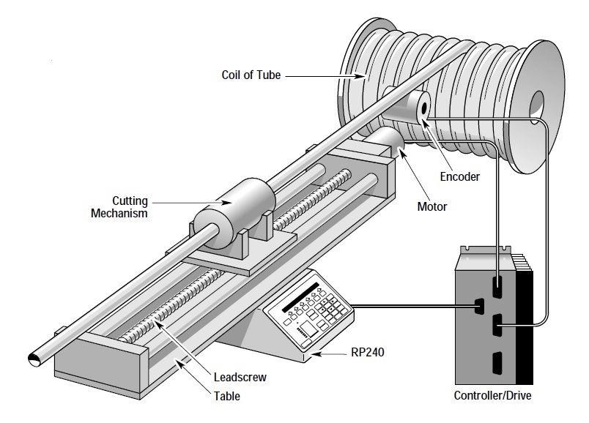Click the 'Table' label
228,397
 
